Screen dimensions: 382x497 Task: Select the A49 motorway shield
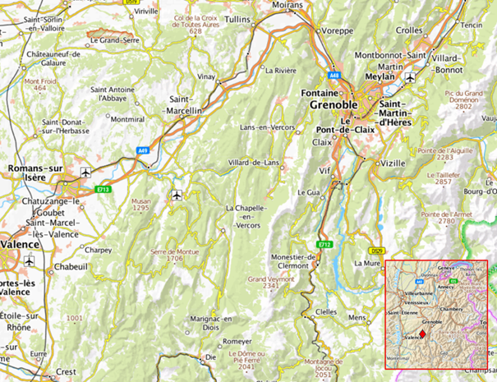143,150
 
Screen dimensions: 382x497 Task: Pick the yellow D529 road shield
377,251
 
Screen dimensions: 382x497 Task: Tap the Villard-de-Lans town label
253,163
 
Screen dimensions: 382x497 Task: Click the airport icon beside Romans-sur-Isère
86,173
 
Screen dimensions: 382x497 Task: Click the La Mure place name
366,264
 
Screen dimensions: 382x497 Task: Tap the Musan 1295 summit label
163,204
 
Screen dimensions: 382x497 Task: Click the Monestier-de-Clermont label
288,261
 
